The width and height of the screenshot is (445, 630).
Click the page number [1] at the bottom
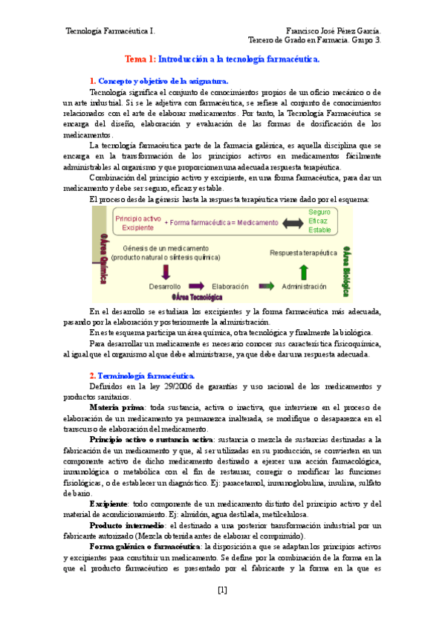pyautogui.click(x=222, y=591)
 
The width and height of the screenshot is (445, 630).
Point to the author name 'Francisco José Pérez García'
pyautogui.click(x=334, y=31)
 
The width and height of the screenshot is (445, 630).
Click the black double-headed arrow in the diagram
pyautogui.click(x=292, y=222)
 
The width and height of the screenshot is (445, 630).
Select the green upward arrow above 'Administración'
pyautogui.click(x=304, y=270)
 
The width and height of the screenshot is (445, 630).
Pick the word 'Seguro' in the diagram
pyautogui.click(x=319, y=212)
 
